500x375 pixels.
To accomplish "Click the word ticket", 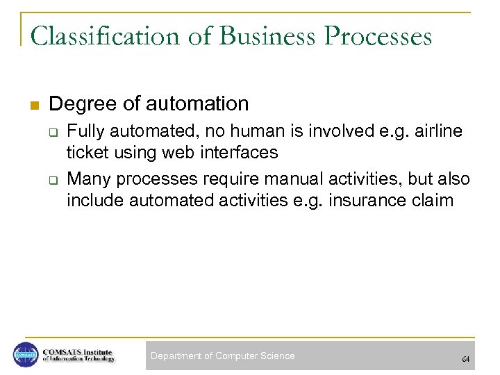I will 87,152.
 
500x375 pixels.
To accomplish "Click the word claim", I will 436,200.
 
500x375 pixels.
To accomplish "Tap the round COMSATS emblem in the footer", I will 26,356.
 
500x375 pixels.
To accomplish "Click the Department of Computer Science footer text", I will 223,356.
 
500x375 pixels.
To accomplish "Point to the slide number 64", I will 465,359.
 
